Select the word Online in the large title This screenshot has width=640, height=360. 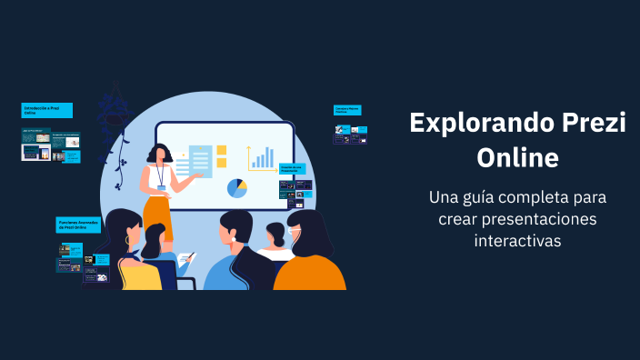pos(517,156)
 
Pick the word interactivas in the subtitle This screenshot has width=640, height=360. pos(517,241)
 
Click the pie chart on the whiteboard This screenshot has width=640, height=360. pos(237,188)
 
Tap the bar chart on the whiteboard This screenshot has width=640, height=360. pos(263,158)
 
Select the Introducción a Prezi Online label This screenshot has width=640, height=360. pos(46,111)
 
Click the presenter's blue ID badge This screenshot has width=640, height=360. pos(162,187)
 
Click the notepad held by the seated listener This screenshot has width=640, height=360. pos(186,259)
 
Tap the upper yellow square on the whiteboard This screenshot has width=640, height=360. pos(221,151)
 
